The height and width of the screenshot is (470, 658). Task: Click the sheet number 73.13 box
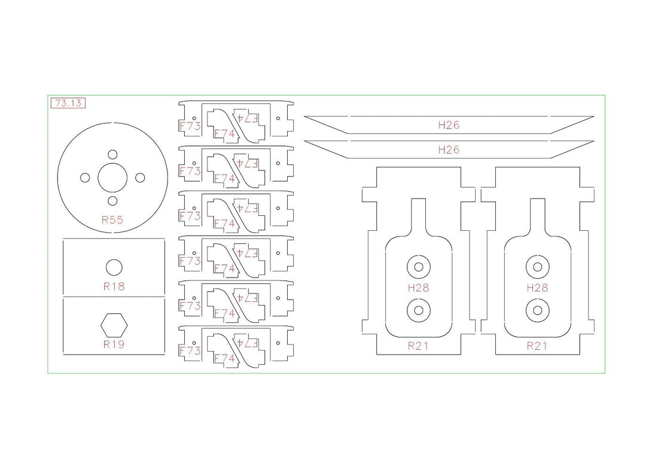(x=68, y=103)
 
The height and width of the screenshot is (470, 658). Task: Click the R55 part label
(x=112, y=219)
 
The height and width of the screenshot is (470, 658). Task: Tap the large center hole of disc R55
(x=112, y=178)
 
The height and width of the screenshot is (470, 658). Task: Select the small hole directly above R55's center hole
(x=112, y=154)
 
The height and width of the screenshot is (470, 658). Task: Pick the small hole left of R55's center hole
(x=85, y=178)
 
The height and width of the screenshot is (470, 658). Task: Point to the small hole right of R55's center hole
(x=140, y=178)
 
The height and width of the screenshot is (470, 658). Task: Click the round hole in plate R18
(x=114, y=267)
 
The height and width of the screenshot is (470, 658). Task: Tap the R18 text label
(x=114, y=286)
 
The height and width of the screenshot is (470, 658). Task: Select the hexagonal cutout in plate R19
(x=114, y=325)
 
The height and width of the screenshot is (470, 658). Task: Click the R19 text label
(x=114, y=344)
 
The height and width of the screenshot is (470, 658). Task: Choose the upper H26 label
(x=449, y=125)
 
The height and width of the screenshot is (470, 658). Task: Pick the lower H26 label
(x=449, y=150)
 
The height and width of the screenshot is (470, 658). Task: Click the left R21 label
(x=418, y=346)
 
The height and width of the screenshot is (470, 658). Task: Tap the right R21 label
(x=537, y=346)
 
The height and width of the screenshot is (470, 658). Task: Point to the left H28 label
(x=418, y=288)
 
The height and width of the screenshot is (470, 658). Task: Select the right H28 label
(x=537, y=288)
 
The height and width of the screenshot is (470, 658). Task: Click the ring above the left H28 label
(x=418, y=255)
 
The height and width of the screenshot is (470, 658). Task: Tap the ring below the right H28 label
(x=537, y=298)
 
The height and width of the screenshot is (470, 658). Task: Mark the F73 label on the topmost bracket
(x=190, y=126)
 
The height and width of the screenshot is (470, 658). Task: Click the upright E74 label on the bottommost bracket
(x=224, y=358)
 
